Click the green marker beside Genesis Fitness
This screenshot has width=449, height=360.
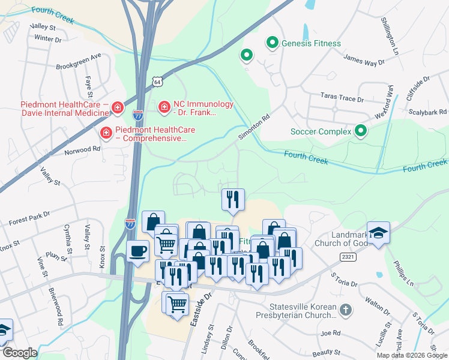pyautogui.click(x=273, y=43)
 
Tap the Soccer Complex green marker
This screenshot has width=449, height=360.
pyautogui.click(x=360, y=131)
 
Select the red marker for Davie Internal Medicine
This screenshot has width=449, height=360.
pyautogui.click(x=118, y=107)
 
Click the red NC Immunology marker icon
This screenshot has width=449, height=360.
pyautogui.click(x=163, y=106)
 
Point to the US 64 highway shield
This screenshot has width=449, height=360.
pyautogui.click(x=157, y=81)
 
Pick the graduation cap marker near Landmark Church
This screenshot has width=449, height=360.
pyautogui.click(x=378, y=232)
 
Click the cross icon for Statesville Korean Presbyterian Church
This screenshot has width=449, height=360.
pyautogui.click(x=345, y=310)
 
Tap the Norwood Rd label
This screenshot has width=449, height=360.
pyautogui.click(x=82, y=149)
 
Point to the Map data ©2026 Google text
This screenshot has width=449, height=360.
pyautogui.click(x=411, y=355)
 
